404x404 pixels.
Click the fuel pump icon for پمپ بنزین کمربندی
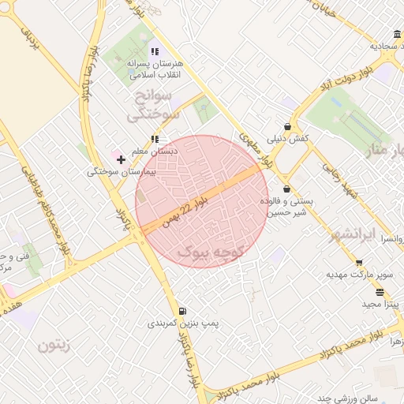click(183, 311)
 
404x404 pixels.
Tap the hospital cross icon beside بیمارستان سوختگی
click(121, 159)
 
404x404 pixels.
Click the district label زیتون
click(54, 344)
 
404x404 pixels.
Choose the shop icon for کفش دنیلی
click(287, 126)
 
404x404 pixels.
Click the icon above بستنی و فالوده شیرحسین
click(286, 189)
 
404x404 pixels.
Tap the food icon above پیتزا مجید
click(380, 292)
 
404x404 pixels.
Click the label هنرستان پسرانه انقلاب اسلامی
click(155, 69)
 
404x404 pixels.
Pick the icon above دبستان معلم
click(155, 139)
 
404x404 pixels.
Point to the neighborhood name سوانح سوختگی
click(154, 106)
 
